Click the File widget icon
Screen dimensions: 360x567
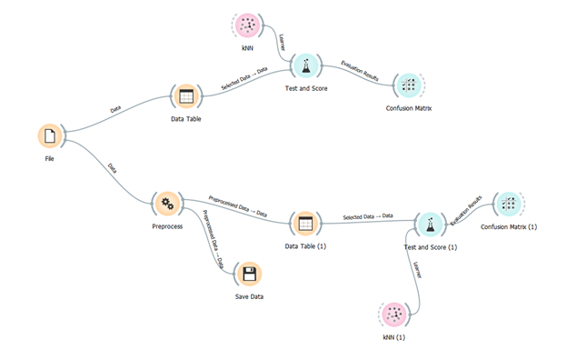point(50,135)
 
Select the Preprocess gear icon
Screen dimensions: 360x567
point(167,203)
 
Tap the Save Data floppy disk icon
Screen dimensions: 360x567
point(249,274)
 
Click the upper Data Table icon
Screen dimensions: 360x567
point(185,97)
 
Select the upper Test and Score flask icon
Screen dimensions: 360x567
point(306,66)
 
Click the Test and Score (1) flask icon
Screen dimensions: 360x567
point(429,223)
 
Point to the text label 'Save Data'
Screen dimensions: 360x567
point(249,297)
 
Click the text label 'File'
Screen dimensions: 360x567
point(50,158)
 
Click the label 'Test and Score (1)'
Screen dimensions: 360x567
point(429,246)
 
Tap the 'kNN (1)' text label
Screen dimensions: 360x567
point(393,337)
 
